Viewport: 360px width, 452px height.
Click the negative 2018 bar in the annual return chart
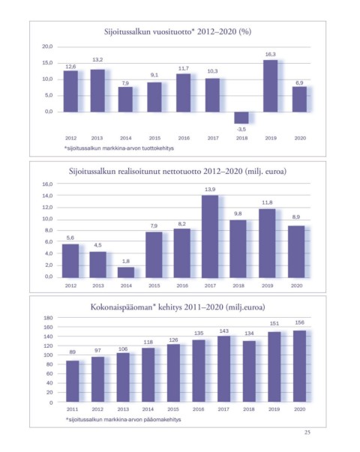tap(241, 118)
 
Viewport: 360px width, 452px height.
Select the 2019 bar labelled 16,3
tap(270, 86)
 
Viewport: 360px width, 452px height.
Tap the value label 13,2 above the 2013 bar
tap(97, 60)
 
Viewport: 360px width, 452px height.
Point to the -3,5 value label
tap(241, 130)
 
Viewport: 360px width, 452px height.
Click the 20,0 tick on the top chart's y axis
tap(47, 46)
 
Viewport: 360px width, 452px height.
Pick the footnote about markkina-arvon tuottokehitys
tap(119, 148)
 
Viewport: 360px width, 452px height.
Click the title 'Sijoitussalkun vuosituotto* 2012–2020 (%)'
tap(178, 31)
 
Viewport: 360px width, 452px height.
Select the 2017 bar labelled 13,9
tap(210, 237)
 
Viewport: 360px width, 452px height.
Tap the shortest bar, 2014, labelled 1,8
tap(126, 272)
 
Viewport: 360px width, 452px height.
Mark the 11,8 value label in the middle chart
tap(267, 202)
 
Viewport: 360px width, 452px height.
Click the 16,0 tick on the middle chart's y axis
tap(47, 184)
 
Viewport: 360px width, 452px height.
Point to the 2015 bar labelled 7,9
tap(154, 255)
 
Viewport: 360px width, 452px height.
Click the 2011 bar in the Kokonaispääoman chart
tap(73, 381)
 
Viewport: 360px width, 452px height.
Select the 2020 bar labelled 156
tap(299, 366)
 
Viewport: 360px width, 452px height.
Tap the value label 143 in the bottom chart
tap(223, 331)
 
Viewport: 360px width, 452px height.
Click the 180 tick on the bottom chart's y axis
tap(48, 318)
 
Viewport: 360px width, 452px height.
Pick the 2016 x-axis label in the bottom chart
tap(199, 409)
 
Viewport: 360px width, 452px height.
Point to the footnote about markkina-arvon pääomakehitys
tap(124, 420)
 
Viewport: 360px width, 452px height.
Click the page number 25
tap(307, 433)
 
